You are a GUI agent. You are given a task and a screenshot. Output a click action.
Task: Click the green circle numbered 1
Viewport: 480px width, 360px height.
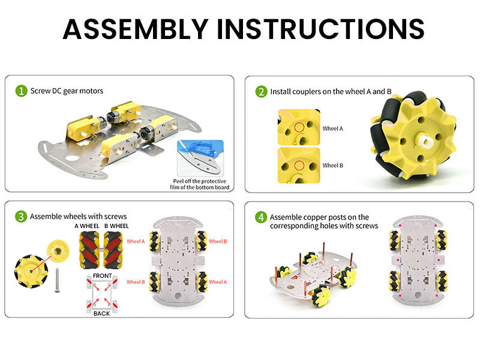pos(22,91)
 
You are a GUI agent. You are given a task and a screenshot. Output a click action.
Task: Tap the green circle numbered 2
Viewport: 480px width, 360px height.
pos(261,92)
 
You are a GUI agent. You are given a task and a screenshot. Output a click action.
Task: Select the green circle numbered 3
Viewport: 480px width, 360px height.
pos(21,217)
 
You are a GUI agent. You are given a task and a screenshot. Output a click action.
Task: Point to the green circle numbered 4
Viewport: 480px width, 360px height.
pos(261,217)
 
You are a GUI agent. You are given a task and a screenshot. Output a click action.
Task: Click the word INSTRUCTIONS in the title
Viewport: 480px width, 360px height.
pos(320,29)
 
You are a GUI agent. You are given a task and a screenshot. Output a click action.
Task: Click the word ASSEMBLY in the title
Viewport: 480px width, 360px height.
pos(136,29)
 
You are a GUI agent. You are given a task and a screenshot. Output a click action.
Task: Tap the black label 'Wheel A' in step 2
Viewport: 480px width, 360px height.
pos(332,128)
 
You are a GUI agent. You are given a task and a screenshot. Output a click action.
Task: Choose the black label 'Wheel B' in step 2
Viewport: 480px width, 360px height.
pos(332,166)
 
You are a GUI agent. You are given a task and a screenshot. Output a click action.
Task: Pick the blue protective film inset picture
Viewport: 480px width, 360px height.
pos(200,158)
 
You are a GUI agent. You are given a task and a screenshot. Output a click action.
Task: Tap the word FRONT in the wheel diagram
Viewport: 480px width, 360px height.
pos(102,276)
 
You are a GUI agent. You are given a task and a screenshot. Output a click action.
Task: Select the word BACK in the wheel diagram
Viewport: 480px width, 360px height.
pos(101,313)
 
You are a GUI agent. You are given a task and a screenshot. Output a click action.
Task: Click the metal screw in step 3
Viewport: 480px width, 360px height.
pos(57,280)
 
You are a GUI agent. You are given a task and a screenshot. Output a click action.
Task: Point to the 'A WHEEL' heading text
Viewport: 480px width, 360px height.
pos(87,226)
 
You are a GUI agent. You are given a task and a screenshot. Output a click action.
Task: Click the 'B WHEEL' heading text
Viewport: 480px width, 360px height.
pos(116,226)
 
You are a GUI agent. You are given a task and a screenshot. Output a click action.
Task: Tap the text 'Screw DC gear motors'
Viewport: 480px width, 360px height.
pos(67,91)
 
